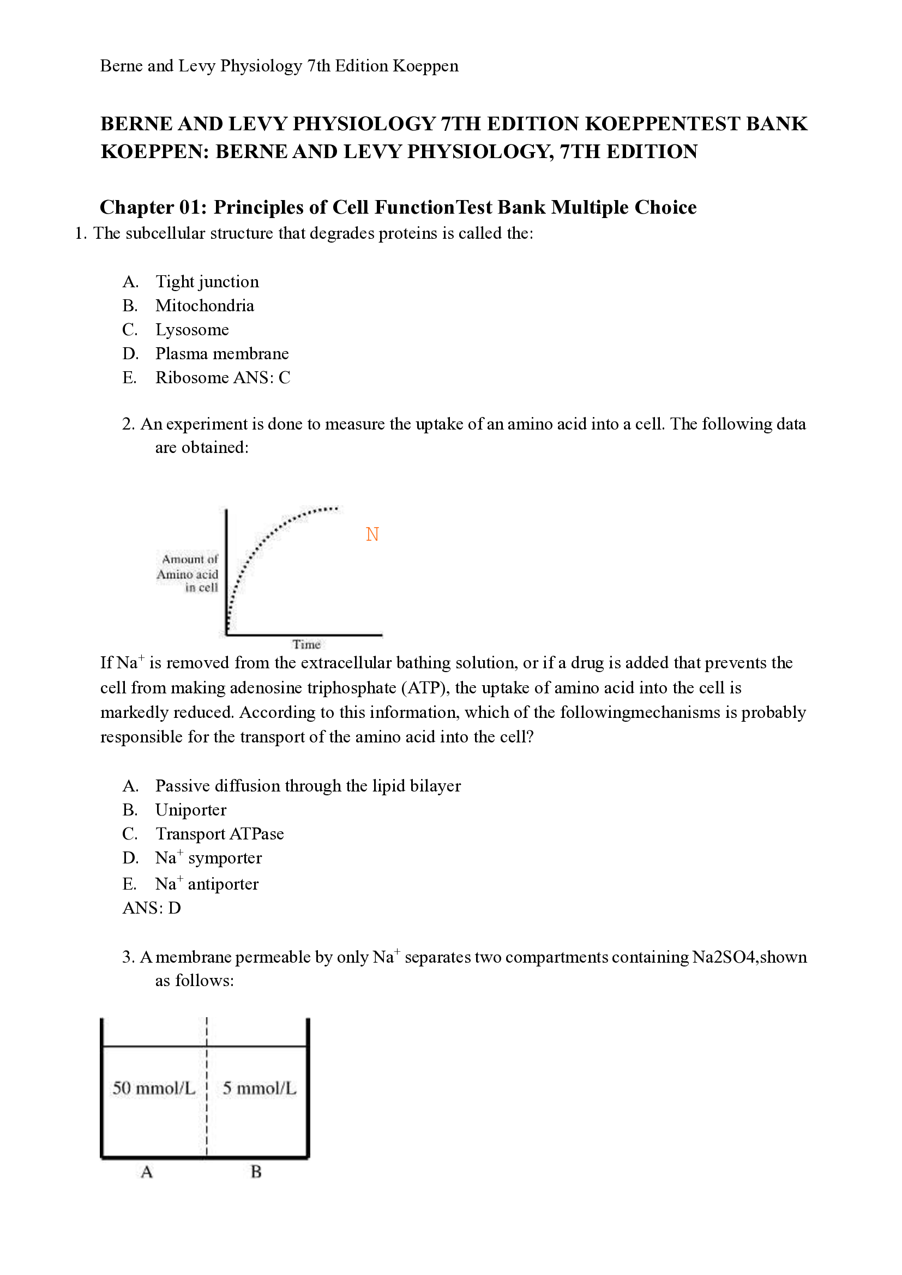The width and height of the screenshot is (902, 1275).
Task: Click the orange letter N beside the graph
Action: (x=372, y=534)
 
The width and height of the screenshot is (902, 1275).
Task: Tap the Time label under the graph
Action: (x=306, y=644)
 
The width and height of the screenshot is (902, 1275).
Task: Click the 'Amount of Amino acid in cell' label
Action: (x=188, y=573)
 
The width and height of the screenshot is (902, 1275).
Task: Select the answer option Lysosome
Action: (x=191, y=330)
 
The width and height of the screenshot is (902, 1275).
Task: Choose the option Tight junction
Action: (x=207, y=281)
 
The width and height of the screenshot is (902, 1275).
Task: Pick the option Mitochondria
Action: (x=205, y=305)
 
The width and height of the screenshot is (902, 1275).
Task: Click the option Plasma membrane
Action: (x=221, y=354)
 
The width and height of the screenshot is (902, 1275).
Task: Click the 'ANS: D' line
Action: (x=151, y=908)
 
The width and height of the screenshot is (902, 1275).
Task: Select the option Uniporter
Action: (x=190, y=810)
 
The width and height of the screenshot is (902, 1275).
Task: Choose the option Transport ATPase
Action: (x=219, y=834)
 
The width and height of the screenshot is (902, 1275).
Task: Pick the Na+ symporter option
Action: (x=208, y=859)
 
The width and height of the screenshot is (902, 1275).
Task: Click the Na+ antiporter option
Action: (x=207, y=884)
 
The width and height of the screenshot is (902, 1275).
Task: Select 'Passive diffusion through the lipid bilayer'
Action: (x=308, y=787)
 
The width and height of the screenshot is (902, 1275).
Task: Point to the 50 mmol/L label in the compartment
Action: (x=154, y=1088)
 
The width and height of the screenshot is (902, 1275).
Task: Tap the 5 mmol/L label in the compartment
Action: (x=260, y=1088)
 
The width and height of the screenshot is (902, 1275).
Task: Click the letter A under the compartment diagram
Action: (x=147, y=1173)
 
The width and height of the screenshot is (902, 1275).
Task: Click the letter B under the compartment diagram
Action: (x=256, y=1172)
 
